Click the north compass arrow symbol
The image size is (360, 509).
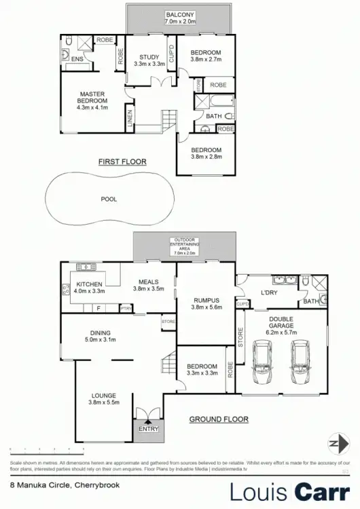point(335,443)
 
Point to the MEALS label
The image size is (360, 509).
point(149,282)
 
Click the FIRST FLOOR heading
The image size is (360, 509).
point(122,162)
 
